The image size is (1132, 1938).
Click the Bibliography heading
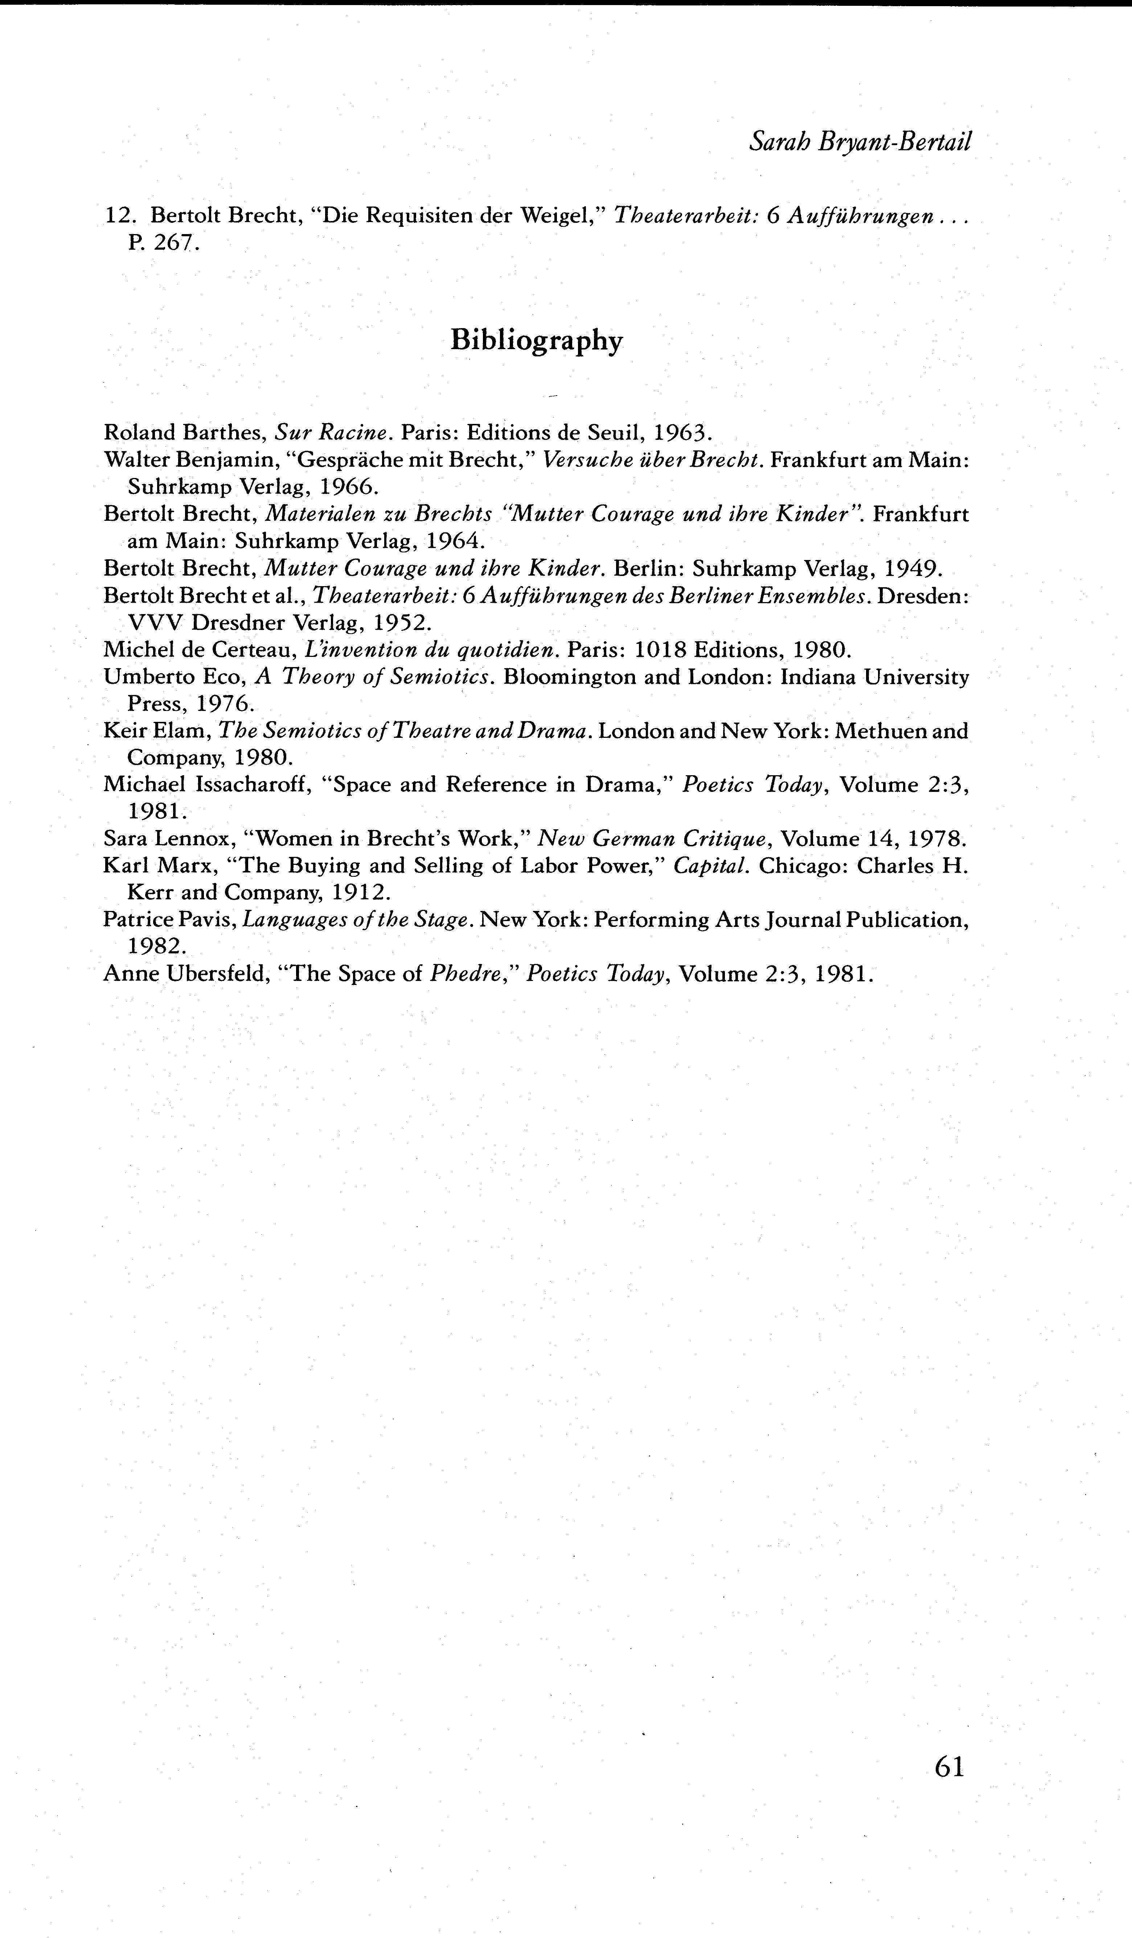click(536, 340)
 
